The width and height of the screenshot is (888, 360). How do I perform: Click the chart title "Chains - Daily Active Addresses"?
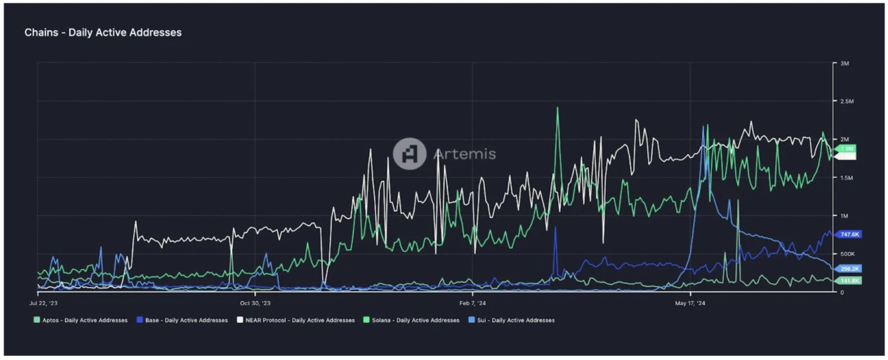point(102,32)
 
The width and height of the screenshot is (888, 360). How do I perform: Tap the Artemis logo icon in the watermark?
point(409,154)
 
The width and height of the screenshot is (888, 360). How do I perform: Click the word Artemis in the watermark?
point(465,154)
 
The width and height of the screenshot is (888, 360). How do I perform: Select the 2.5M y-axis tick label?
point(847,102)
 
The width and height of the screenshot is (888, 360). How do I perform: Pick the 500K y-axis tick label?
point(847,254)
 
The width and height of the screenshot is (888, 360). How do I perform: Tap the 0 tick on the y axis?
point(842,292)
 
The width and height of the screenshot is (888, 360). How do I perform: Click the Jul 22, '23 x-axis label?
point(44,304)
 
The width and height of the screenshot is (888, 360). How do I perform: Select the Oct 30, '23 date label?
point(254,304)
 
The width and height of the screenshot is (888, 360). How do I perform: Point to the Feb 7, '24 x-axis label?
point(472,304)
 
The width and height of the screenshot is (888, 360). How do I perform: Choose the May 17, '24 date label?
point(690,304)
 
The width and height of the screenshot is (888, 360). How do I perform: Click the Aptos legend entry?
point(81,320)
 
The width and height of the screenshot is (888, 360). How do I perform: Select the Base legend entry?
point(183,320)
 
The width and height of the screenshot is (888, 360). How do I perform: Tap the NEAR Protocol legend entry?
point(296,320)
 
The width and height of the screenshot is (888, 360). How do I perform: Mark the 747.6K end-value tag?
point(849,234)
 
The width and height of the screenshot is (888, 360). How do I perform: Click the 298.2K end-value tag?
point(849,269)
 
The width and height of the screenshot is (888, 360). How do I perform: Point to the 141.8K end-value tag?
point(849,281)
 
